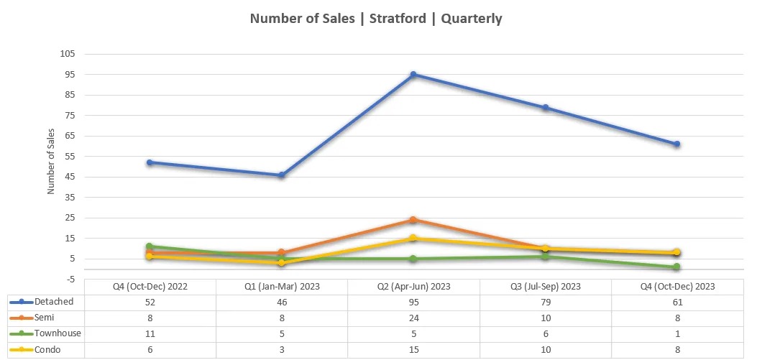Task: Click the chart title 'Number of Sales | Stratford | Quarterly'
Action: point(376,19)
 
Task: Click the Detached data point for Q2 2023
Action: point(413,75)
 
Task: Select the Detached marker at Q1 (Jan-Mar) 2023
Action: point(282,175)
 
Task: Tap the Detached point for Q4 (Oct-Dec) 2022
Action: point(150,162)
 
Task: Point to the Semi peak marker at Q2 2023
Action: point(413,220)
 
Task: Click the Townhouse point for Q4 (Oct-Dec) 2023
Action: point(676,267)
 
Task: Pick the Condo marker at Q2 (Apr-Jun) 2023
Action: point(413,239)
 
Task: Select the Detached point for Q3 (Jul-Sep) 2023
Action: point(546,108)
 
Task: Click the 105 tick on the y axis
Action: point(68,54)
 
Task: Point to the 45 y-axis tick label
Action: point(70,177)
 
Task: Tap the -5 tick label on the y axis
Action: point(70,280)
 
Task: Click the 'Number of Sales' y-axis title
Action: point(51,162)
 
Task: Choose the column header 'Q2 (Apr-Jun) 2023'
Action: point(413,286)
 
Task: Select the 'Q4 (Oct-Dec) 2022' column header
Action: point(150,286)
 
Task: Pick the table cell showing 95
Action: point(413,302)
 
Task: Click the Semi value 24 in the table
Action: point(413,318)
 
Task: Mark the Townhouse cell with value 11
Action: point(150,334)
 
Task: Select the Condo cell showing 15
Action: point(413,350)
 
